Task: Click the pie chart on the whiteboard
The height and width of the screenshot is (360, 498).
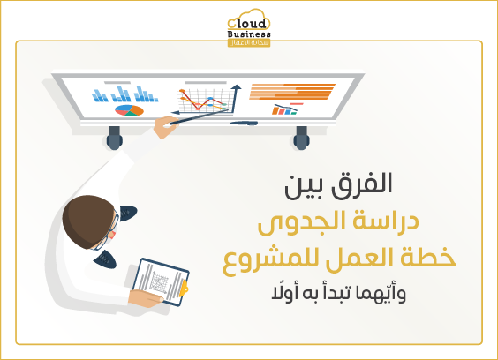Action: [x=128, y=111]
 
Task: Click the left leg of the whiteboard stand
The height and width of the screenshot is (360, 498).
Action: [x=114, y=136]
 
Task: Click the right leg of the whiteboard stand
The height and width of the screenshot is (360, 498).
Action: [x=302, y=137]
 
